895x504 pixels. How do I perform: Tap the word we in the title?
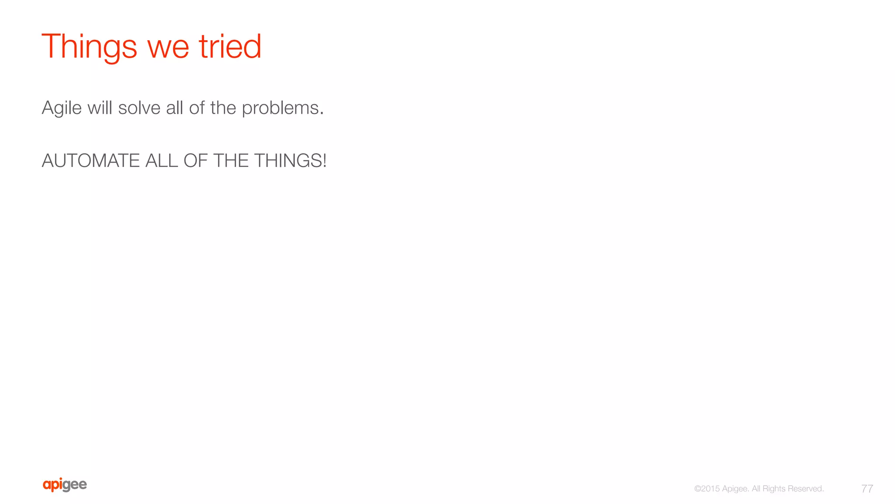tap(168, 47)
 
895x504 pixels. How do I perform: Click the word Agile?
tap(62, 108)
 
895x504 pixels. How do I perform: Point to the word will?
tap(100, 108)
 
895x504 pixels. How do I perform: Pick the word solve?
tap(139, 108)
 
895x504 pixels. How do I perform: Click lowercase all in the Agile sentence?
tap(174, 108)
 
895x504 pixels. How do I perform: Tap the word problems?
tap(282, 108)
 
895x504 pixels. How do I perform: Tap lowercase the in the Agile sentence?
tap(223, 108)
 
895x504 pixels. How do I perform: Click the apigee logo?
tap(65, 485)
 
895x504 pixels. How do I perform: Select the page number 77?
tap(867, 489)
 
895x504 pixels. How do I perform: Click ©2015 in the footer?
tap(707, 489)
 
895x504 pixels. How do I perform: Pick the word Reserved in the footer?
tap(806, 489)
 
